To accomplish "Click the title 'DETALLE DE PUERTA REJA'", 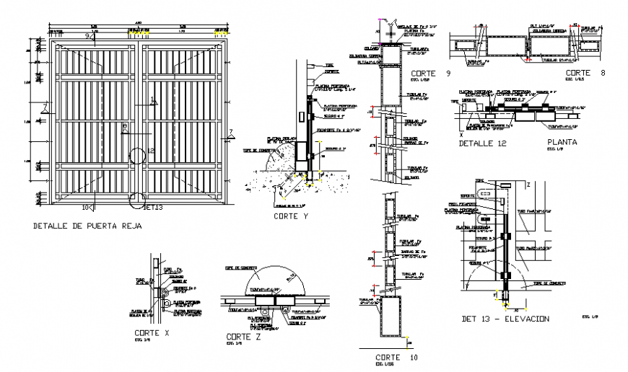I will coord(87,226).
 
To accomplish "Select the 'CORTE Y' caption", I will coord(291,216).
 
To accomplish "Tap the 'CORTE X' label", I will coord(152,332).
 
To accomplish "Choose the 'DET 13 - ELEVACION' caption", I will coord(505,319).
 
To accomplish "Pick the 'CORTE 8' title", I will coord(584,73).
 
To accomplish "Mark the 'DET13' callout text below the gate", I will coord(154,207).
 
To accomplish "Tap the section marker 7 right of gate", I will coord(230,132).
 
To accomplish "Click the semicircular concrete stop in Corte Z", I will coord(274,280).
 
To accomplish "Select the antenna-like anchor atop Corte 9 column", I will coord(391,27).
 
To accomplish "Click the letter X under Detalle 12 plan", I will coord(461,134).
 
